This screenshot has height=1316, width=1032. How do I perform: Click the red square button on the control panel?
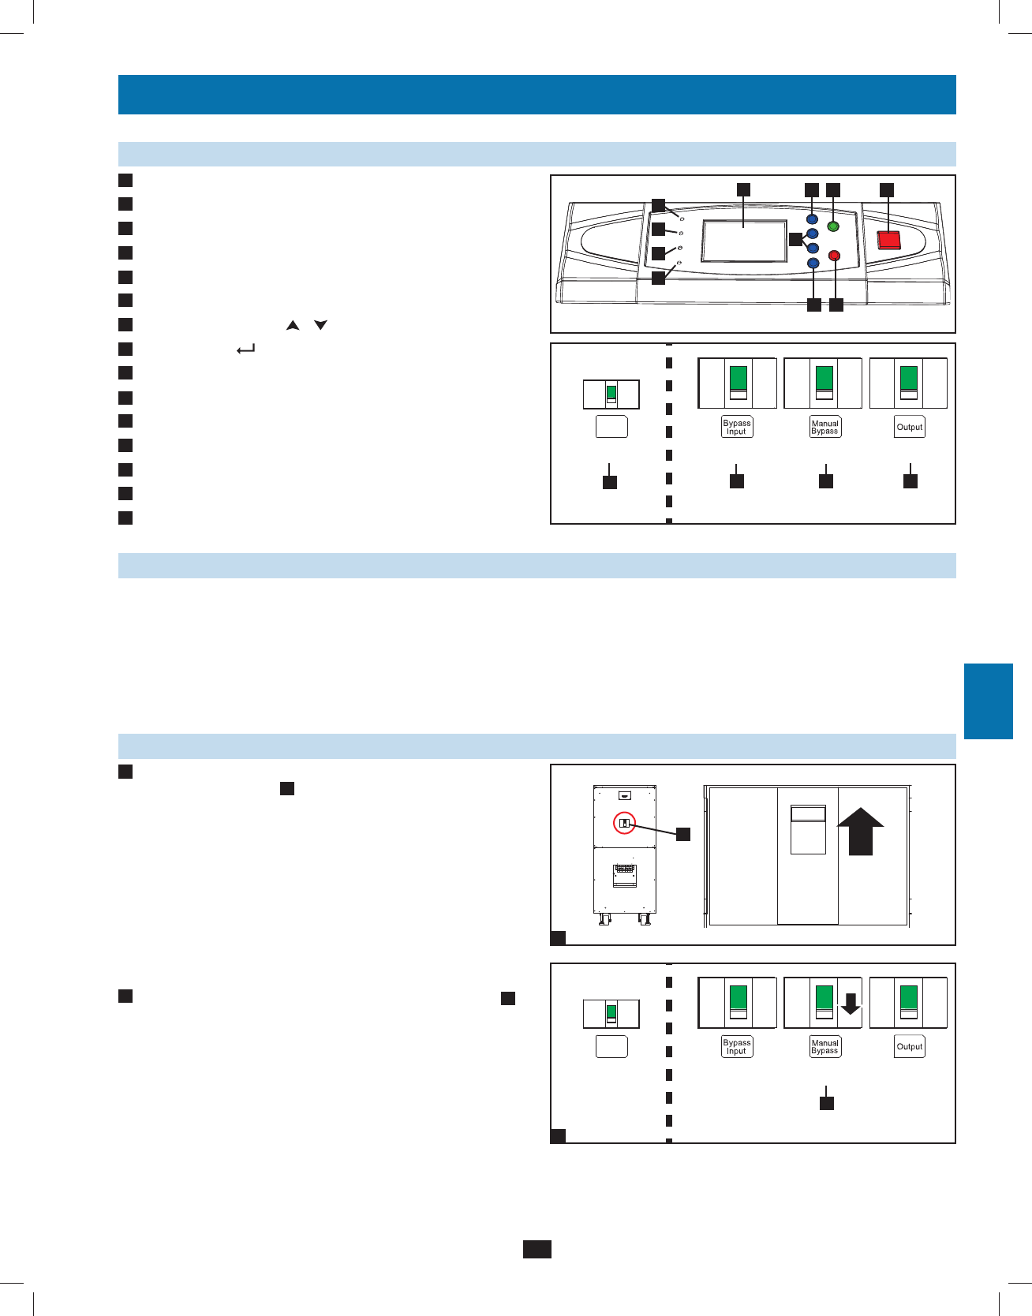click(889, 240)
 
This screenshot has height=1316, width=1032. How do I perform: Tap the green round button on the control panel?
click(832, 227)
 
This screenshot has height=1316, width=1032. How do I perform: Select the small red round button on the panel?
click(834, 256)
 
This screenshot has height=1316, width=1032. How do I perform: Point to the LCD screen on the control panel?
click(744, 241)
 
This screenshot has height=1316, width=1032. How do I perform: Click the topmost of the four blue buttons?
click(813, 219)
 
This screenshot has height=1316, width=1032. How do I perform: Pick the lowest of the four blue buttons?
click(813, 263)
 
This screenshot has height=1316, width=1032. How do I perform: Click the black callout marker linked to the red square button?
click(887, 189)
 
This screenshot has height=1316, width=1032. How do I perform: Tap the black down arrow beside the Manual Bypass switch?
click(850, 1003)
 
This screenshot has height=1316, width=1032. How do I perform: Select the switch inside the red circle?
click(624, 823)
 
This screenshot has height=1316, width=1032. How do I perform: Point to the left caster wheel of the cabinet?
click(604, 920)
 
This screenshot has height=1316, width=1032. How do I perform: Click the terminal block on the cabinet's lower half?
click(625, 874)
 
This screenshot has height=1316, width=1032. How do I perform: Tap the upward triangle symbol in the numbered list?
click(293, 325)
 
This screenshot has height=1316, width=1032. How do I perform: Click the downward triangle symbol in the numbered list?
click(320, 325)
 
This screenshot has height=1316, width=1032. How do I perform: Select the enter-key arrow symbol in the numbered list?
click(246, 349)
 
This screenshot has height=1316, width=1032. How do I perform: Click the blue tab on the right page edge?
click(988, 701)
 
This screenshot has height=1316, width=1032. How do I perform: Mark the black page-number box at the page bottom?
click(537, 1248)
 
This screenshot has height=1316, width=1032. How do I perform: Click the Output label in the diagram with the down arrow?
click(910, 1046)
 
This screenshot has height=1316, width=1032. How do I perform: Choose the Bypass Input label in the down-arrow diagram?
click(737, 1046)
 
